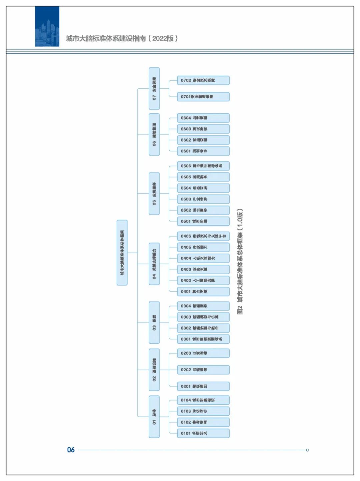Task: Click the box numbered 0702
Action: [x=203, y=80]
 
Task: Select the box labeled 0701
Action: [x=203, y=97]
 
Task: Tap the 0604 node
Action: [x=203, y=118]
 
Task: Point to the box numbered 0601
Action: [x=203, y=151]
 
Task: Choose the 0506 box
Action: [x=203, y=166]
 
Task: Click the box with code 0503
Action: [x=203, y=199]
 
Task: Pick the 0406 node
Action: [x=203, y=236]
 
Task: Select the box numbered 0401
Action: [x=203, y=292]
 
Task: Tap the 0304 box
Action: [x=203, y=306]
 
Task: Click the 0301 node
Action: [x=203, y=339]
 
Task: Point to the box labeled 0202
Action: [x=203, y=370]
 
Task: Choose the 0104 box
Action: [x=203, y=400]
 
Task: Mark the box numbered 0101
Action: [x=203, y=433]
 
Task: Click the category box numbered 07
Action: [x=154, y=88]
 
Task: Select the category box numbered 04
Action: [x=154, y=264]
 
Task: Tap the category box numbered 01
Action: [x=154, y=417]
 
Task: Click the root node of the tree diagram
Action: [x=122, y=253]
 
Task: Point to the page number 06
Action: [x=71, y=450]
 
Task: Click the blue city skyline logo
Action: [x=47, y=26]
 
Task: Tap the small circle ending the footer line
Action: [x=307, y=450]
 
